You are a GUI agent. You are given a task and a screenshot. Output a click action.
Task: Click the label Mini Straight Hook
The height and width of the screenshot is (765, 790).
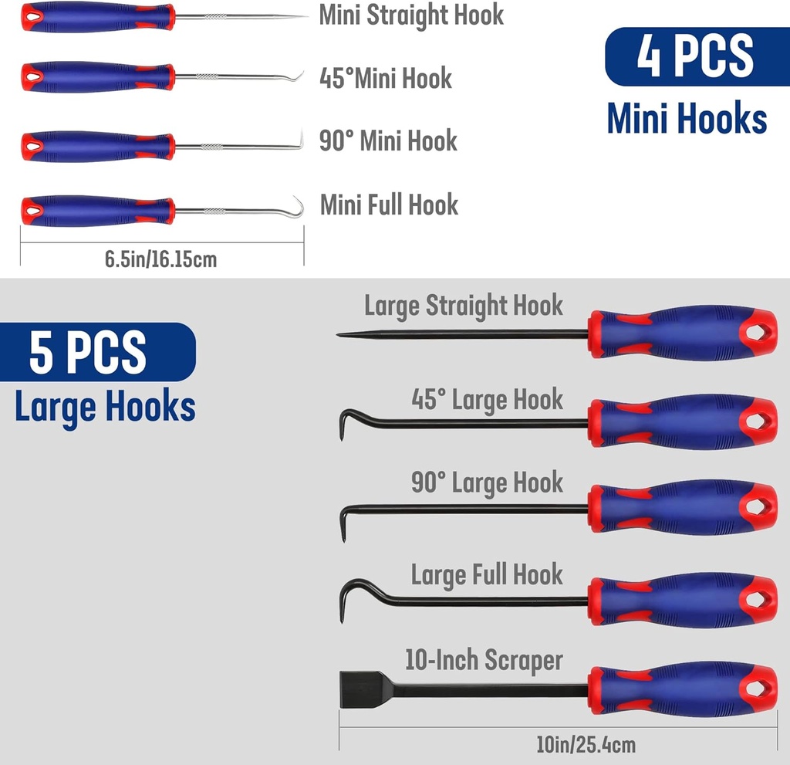(x=411, y=15)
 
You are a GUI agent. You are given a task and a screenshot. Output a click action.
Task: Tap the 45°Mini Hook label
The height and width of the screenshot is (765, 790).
(x=386, y=78)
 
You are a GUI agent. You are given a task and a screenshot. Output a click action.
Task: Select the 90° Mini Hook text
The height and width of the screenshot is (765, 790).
(x=388, y=141)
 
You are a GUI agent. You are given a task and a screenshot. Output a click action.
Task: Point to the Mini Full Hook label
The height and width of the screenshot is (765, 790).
(x=389, y=205)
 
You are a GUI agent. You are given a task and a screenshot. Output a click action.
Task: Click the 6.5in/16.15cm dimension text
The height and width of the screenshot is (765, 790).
(x=161, y=259)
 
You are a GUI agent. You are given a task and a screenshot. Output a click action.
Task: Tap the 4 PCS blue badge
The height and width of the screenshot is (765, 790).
(x=695, y=56)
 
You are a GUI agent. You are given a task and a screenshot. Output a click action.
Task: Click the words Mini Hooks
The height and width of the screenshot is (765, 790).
(x=687, y=120)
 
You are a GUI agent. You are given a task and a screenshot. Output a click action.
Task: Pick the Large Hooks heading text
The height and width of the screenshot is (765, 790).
(x=105, y=407)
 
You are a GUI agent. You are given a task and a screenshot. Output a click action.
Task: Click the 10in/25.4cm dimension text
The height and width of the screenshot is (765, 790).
(x=586, y=745)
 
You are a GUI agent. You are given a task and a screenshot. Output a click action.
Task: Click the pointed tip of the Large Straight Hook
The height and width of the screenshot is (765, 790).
(x=341, y=334)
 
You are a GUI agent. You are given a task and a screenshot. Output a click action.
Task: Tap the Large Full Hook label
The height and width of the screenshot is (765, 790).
(x=487, y=575)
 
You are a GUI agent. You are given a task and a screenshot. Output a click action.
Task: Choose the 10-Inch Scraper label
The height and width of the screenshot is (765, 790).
(x=484, y=661)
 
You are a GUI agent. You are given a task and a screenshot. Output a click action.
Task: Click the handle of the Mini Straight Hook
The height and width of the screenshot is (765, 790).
(x=96, y=16)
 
